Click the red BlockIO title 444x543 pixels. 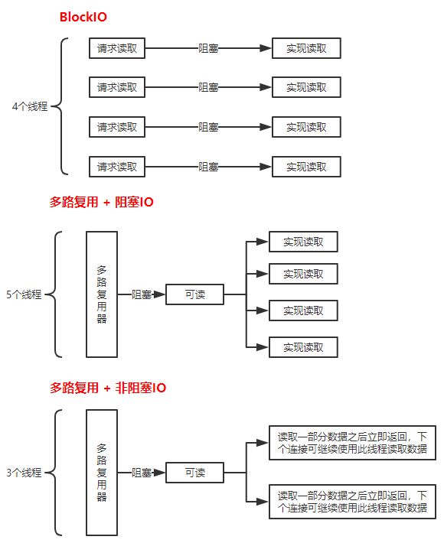tap(83, 17)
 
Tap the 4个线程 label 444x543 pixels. tap(30, 106)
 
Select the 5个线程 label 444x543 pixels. tap(24, 294)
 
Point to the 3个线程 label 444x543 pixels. tap(24, 473)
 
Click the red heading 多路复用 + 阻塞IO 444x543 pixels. tap(101, 202)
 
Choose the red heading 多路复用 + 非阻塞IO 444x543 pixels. tap(108, 388)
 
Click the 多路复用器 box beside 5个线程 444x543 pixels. tap(102, 294)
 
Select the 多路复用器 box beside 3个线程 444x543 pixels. tap(102, 473)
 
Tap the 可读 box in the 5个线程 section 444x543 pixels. tap(194, 294)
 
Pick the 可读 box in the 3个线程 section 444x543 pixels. tap(194, 473)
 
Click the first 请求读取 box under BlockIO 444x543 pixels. tap(117, 48)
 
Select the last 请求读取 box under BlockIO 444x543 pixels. tap(117, 167)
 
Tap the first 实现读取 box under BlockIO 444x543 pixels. tap(306, 48)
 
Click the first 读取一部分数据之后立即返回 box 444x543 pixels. tap(352, 443)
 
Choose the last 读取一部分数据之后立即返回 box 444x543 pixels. tap(352, 502)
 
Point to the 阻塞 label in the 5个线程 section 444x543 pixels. tap(142, 294)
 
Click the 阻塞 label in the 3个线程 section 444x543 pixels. tap(142, 473)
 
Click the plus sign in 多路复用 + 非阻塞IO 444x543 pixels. tap(107, 389)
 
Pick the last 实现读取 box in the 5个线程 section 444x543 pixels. tap(303, 347)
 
